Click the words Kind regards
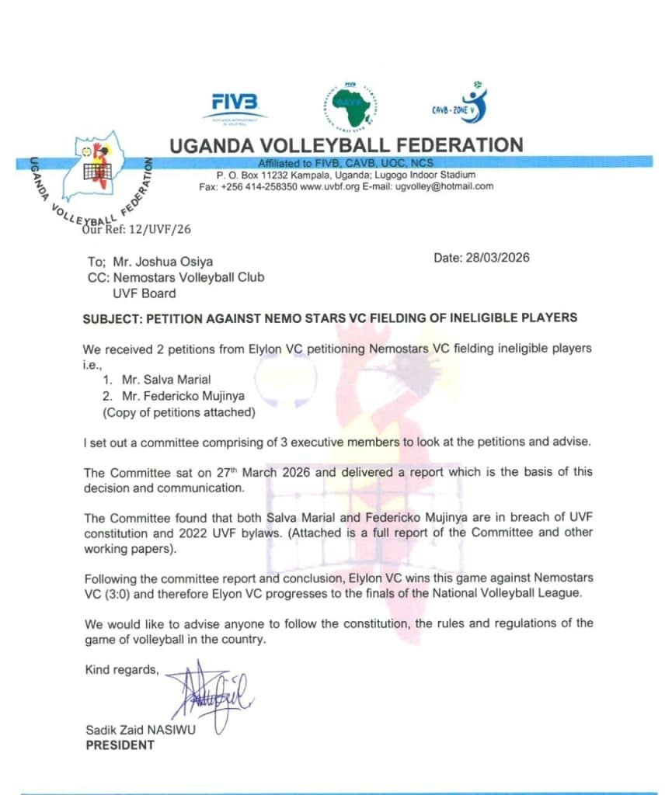pos(122,669)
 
